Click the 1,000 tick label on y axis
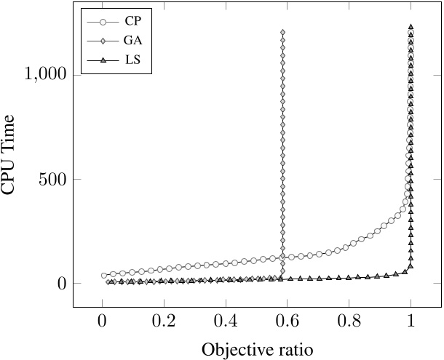tap(46, 74)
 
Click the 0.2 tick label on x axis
tap(164, 318)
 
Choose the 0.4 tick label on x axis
tap(226, 318)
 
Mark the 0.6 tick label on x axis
tap(288, 318)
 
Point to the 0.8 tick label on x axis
tap(349, 318)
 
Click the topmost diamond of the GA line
tap(282, 32)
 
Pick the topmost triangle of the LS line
tap(411, 27)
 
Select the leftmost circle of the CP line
tap(104, 276)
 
